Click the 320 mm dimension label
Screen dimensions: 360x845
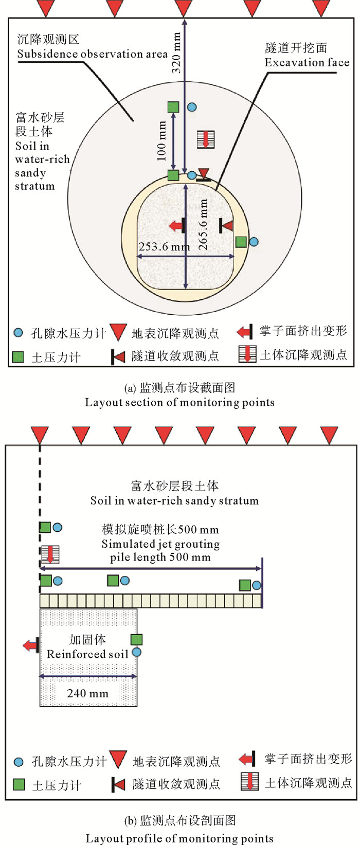tap(176, 52)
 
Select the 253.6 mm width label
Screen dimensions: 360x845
tap(164, 247)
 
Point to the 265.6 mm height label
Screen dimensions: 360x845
tap(203, 225)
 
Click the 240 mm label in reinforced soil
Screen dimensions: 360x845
tap(88, 693)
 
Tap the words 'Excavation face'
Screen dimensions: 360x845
tap(307, 63)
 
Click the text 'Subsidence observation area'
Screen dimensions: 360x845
tap(93, 54)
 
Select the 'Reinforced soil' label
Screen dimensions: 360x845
tap(87, 654)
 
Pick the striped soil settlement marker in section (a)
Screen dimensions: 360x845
tap(206, 139)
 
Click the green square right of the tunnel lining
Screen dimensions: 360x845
tap(241, 242)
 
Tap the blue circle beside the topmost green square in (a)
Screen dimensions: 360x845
tap(192, 107)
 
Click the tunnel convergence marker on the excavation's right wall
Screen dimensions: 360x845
tap(225, 225)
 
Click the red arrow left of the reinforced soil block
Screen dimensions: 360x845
tap(31, 645)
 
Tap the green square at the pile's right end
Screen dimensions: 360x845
tap(245, 585)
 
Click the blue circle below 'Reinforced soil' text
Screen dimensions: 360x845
tap(136, 652)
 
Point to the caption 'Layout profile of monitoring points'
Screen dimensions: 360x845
tap(179, 838)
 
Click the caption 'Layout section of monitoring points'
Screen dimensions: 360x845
tap(179, 402)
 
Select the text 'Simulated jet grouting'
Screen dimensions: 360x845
tap(160, 544)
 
